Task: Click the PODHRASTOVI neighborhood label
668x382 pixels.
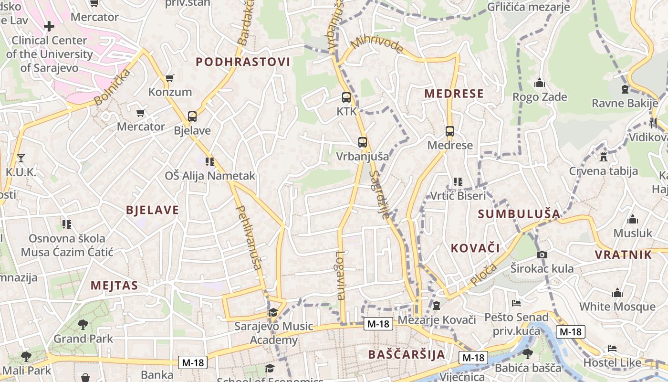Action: (x=243, y=62)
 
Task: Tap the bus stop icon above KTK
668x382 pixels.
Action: (x=346, y=97)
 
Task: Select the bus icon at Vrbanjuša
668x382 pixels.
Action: (x=363, y=142)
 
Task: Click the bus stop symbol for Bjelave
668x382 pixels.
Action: (x=192, y=116)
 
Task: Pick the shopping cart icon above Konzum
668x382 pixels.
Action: (x=169, y=78)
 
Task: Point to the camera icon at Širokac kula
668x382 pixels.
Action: (x=542, y=255)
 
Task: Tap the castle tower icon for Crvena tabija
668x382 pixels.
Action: (x=604, y=157)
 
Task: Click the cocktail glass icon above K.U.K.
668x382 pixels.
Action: (x=21, y=158)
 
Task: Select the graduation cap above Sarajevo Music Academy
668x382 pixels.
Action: (x=273, y=313)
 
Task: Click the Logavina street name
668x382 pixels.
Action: (x=340, y=276)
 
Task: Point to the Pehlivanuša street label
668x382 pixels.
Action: (x=249, y=237)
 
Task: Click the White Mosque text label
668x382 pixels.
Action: (x=617, y=307)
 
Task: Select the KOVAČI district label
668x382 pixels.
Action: (x=475, y=248)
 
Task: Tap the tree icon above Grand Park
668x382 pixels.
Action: (x=83, y=325)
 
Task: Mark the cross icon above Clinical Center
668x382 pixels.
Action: (x=49, y=26)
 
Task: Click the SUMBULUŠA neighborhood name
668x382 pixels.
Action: (x=519, y=214)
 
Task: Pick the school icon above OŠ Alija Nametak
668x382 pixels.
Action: (x=209, y=162)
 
